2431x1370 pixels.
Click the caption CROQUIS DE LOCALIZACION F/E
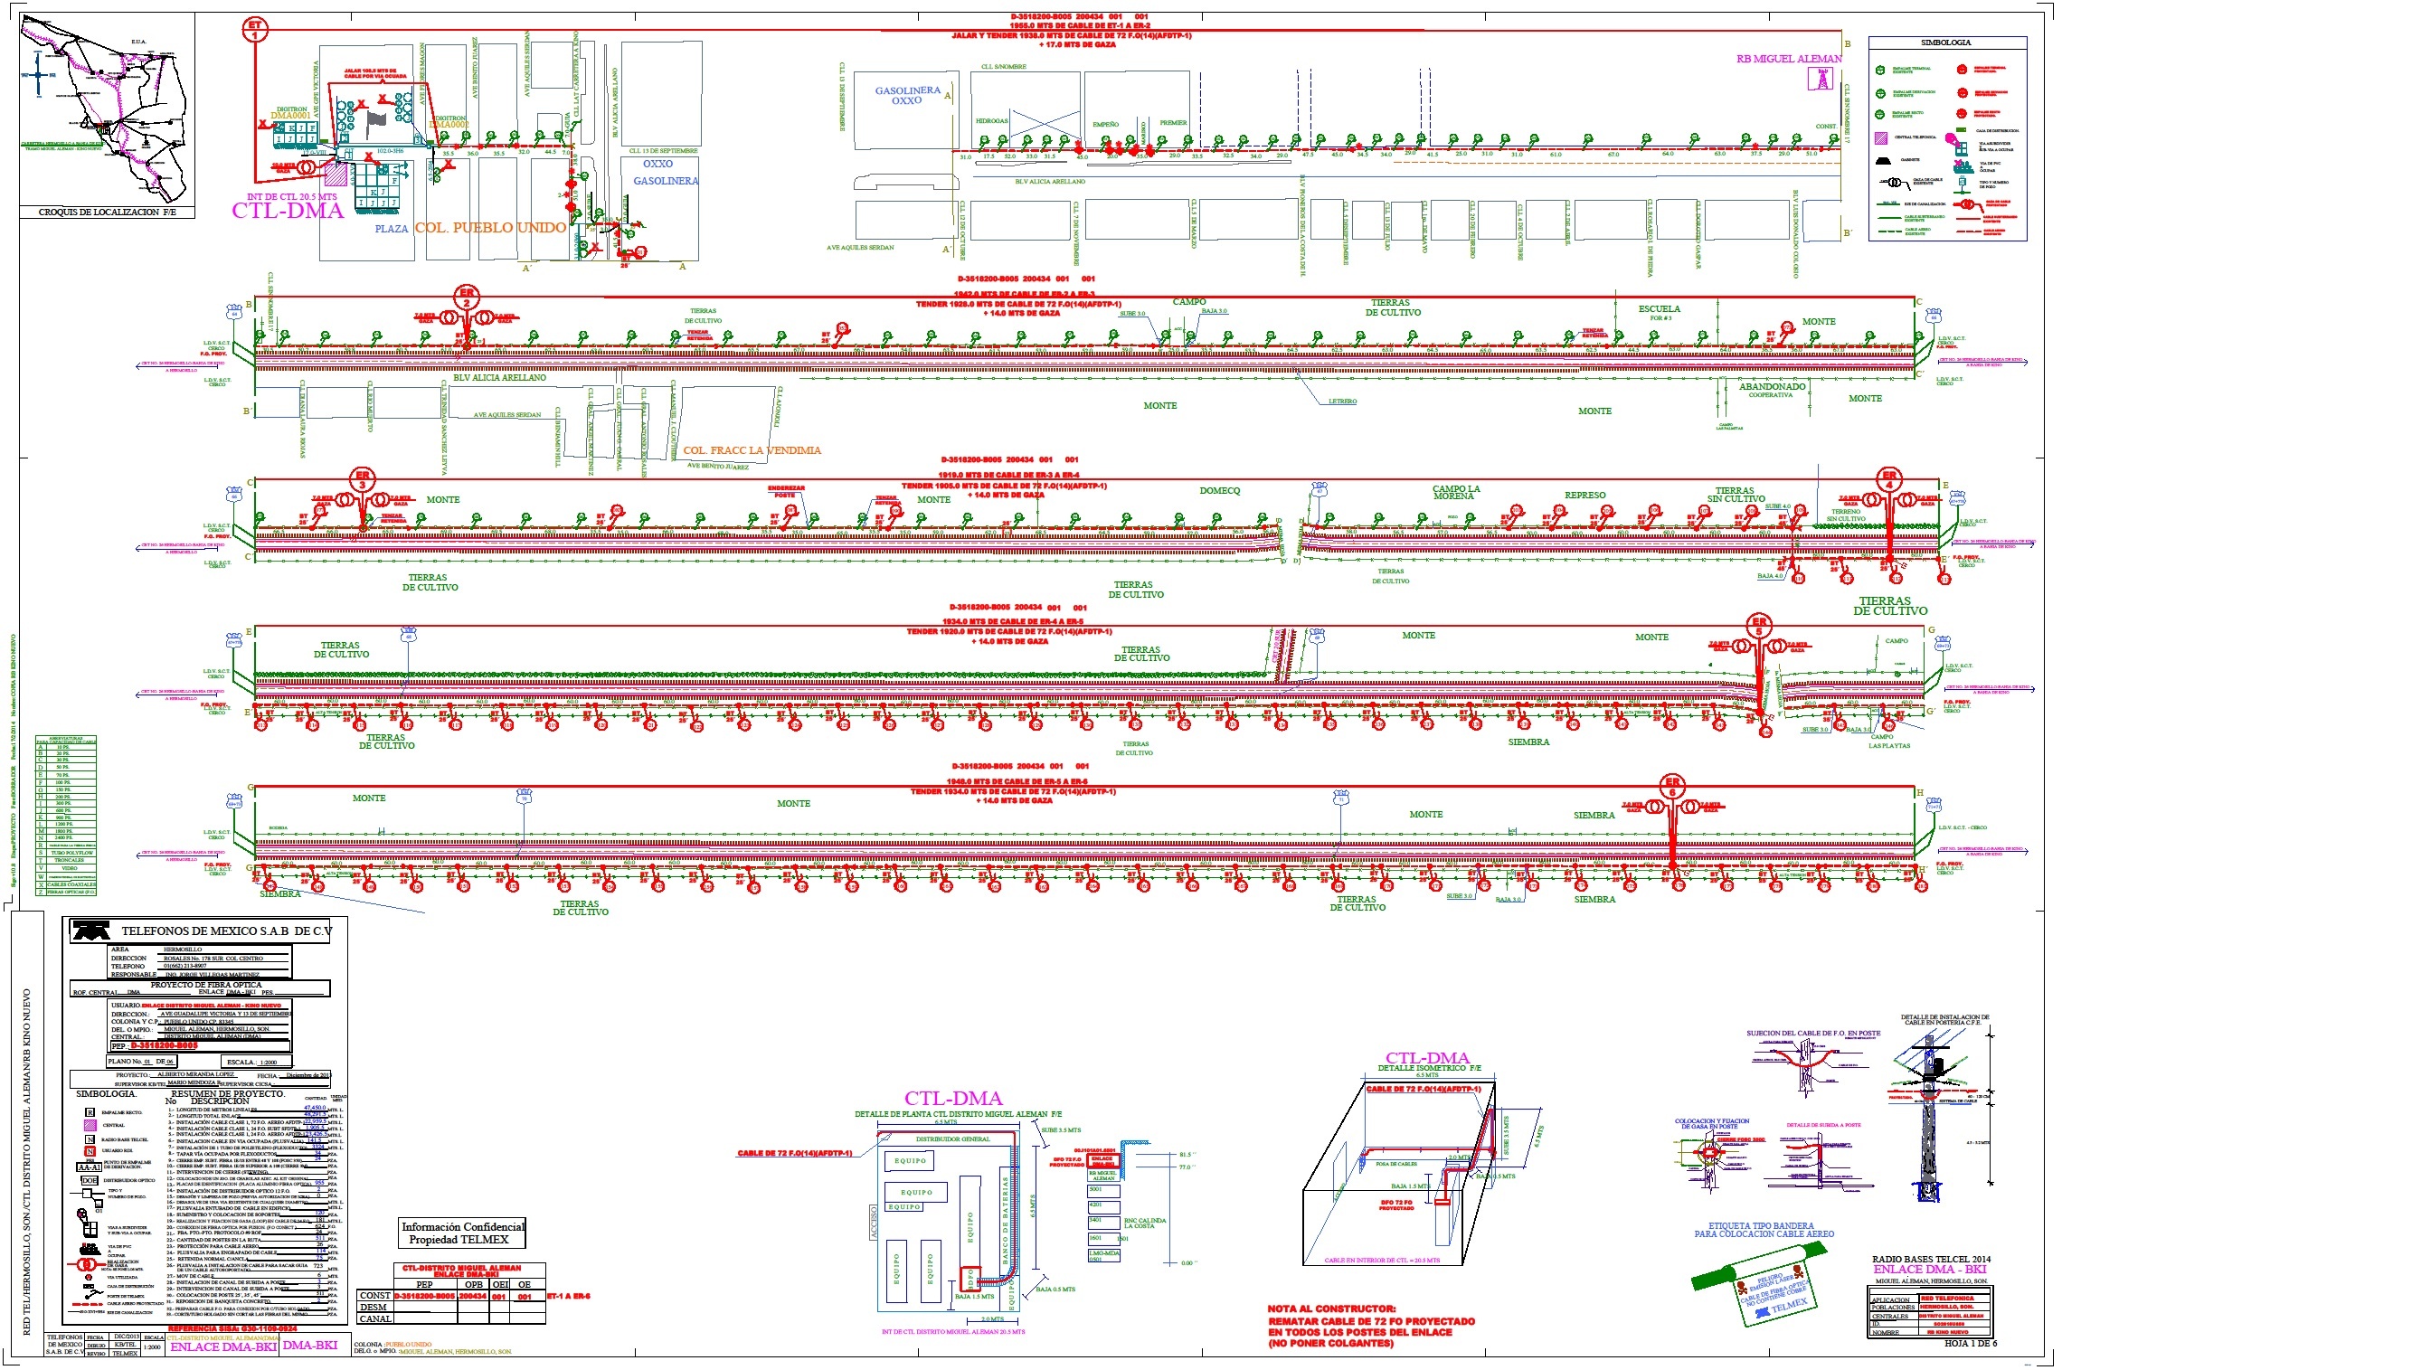107,213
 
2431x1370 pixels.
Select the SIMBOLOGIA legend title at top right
1946,43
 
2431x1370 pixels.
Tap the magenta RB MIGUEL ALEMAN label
1788,59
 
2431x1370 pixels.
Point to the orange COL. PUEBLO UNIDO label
490,227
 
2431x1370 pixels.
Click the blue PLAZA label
392,228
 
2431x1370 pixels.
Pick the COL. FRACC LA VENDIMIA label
752,450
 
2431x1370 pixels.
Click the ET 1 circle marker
255,29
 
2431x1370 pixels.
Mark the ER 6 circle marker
1672,787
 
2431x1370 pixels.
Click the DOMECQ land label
1219,491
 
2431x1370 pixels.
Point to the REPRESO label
1584,495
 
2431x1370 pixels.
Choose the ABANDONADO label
1772,386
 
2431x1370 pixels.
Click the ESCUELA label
1659,308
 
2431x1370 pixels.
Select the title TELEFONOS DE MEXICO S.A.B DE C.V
226,931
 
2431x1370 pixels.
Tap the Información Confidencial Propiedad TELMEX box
462,1233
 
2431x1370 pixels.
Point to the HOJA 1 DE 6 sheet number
1971,1343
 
